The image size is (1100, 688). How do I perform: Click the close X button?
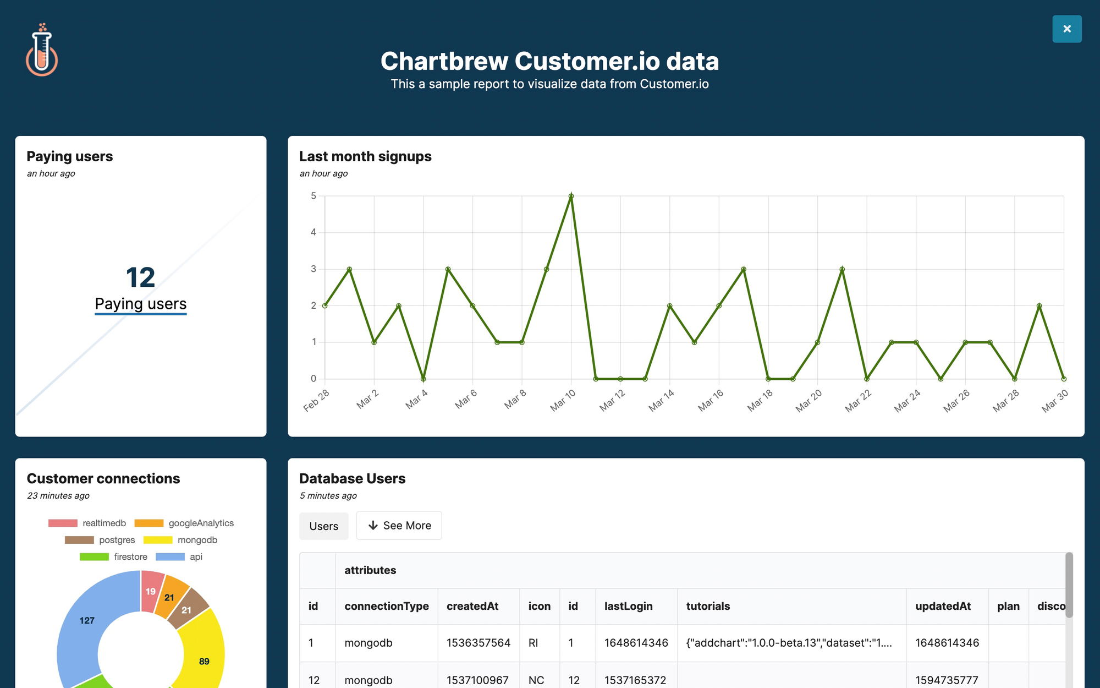click(1066, 29)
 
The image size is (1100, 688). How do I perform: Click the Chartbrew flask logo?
click(42, 51)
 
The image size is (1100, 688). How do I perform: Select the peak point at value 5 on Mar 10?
click(571, 196)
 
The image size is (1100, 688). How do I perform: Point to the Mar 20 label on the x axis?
click(809, 401)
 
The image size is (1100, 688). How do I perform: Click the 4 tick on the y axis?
click(313, 232)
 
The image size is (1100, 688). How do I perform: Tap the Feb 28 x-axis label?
click(316, 400)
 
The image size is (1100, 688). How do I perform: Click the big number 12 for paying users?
click(140, 277)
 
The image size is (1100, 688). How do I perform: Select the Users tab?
click(323, 526)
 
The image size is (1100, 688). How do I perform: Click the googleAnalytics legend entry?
click(184, 523)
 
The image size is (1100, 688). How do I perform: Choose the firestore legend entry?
click(114, 557)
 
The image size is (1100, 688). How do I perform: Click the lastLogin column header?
click(628, 607)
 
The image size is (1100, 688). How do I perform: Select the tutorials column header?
click(708, 607)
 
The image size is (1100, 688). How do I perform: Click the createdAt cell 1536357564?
click(478, 643)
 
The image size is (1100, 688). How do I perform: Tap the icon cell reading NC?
click(536, 680)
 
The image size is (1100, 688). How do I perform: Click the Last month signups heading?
click(365, 157)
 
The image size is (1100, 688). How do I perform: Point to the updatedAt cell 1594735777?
click(946, 680)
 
